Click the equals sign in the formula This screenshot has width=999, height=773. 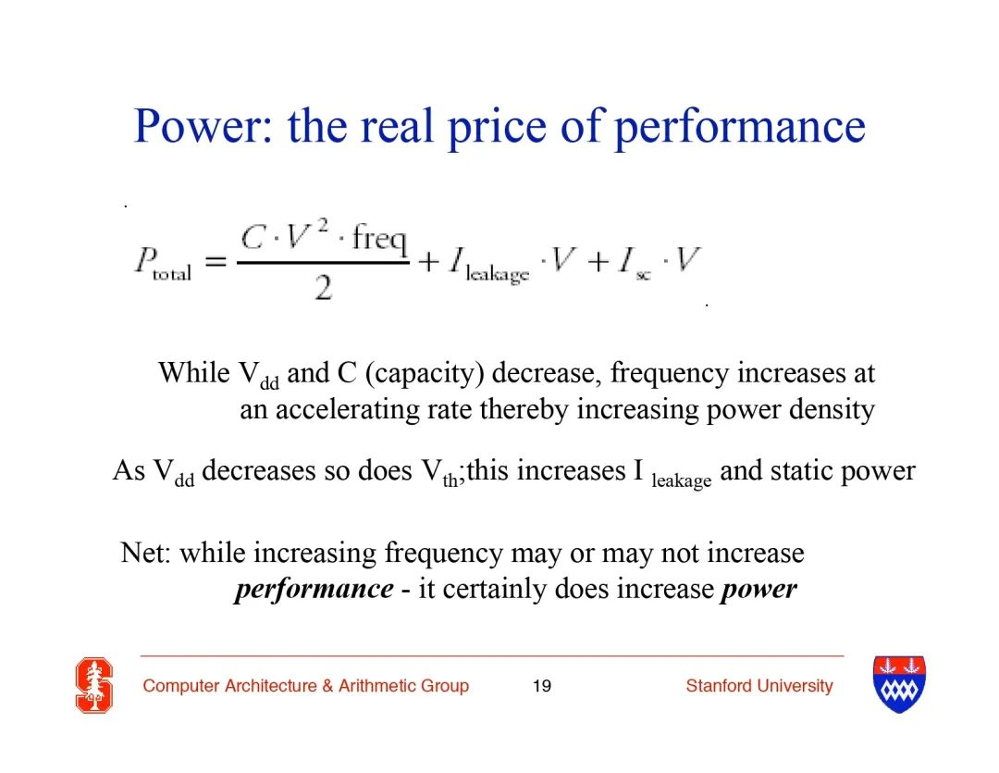tap(216, 261)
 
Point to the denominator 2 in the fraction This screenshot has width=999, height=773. tap(323, 288)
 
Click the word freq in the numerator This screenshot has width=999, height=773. tap(380, 239)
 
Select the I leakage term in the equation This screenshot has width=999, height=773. tap(488, 265)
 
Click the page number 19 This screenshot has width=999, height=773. tap(541, 686)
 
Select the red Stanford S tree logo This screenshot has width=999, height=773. tap(94, 685)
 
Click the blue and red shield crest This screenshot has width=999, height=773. tap(899, 684)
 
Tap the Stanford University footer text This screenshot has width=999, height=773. tap(759, 686)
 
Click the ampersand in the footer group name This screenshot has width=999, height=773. tap(328, 686)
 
